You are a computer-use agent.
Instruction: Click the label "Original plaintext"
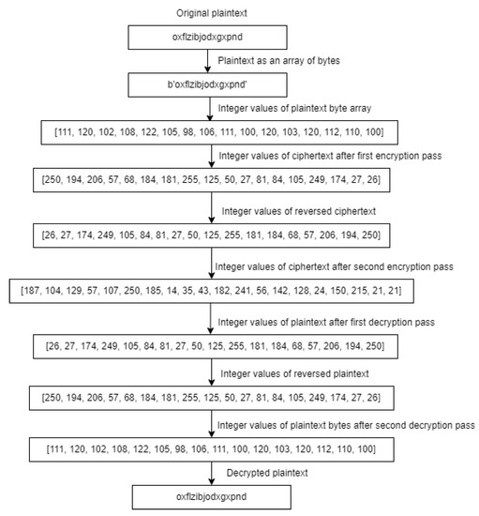coord(211,13)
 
